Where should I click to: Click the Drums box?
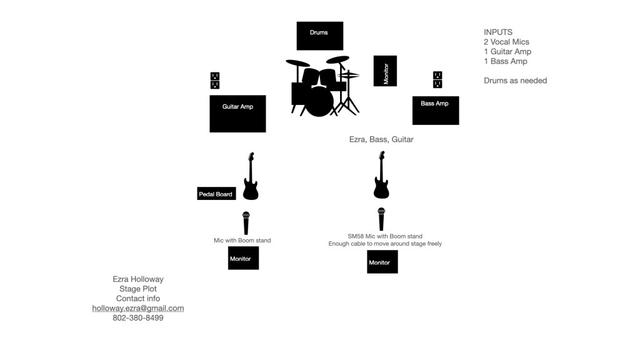click(x=319, y=36)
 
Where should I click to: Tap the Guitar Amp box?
click(x=237, y=113)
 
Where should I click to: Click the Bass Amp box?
click(x=435, y=110)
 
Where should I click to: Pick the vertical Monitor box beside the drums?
click(x=385, y=71)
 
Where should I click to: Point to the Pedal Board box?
click(x=216, y=194)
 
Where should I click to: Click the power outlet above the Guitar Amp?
click(x=215, y=81)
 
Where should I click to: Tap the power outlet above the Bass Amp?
click(x=437, y=80)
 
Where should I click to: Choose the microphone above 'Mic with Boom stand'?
click(x=246, y=223)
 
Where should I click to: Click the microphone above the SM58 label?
click(x=381, y=219)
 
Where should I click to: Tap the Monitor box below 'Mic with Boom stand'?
click(x=243, y=258)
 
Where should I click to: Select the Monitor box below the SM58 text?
click(x=382, y=262)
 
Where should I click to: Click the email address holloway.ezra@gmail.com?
click(x=138, y=308)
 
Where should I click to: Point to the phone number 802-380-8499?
click(x=138, y=317)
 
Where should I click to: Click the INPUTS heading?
click(x=498, y=32)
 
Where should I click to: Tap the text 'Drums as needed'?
click(x=515, y=81)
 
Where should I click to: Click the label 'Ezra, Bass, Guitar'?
click(x=381, y=139)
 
